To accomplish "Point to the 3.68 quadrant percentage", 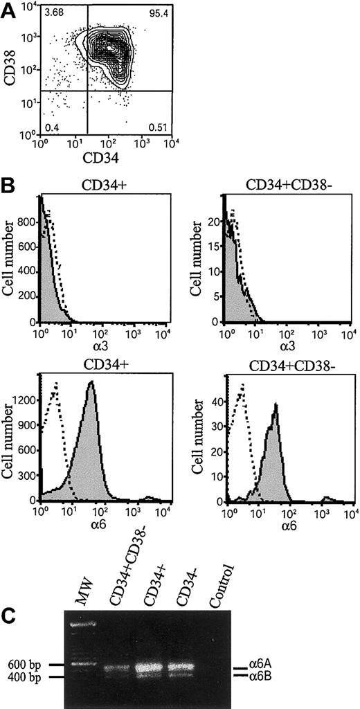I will click(x=53, y=14).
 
